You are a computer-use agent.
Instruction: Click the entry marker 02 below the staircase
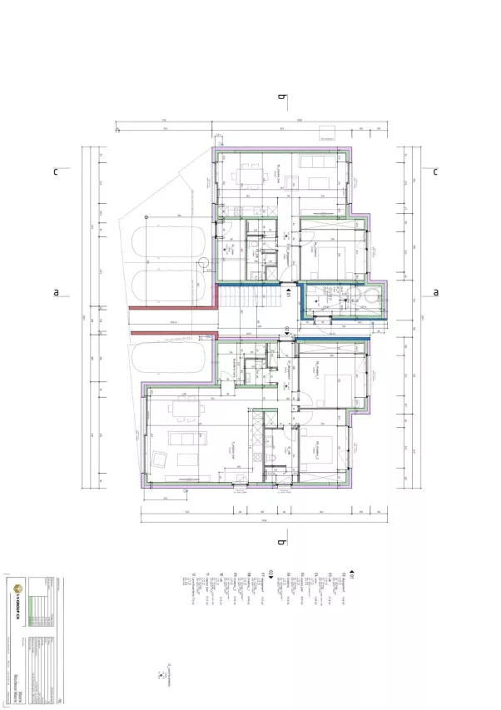click(x=287, y=330)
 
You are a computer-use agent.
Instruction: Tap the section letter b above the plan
click(x=282, y=98)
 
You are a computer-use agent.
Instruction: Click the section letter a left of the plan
click(x=57, y=292)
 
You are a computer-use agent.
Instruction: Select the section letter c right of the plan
click(x=435, y=171)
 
